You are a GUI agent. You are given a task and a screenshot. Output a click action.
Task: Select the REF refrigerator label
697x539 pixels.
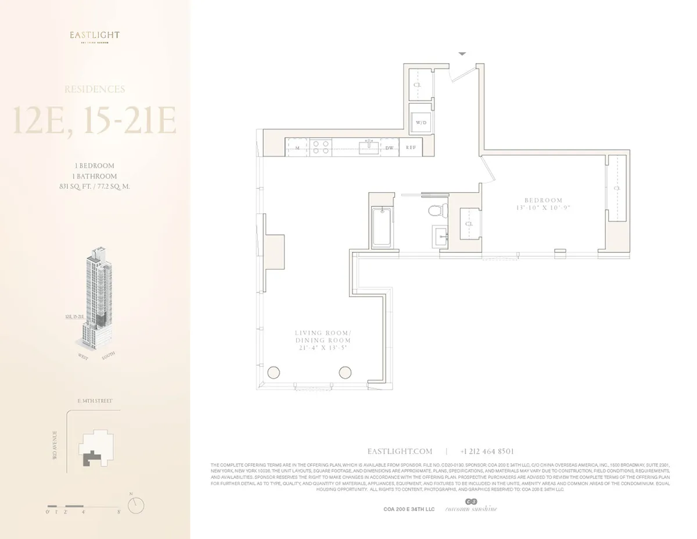[411, 148]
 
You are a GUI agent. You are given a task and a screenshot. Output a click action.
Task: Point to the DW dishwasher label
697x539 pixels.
[390, 148]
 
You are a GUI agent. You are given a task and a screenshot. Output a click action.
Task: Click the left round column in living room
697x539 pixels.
[274, 373]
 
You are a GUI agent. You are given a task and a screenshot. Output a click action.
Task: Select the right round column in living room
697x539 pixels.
[345, 373]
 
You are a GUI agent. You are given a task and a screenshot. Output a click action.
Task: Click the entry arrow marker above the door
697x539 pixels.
[462, 53]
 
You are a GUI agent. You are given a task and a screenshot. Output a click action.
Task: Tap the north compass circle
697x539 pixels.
[135, 506]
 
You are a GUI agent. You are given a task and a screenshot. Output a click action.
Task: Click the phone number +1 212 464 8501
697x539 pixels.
[487, 451]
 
